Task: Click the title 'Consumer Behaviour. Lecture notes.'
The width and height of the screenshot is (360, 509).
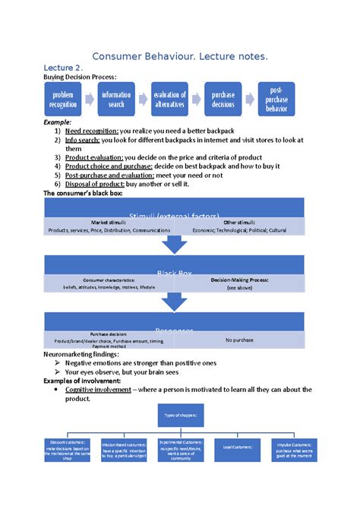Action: tap(179, 57)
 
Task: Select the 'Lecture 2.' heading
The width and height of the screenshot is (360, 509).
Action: tap(68, 70)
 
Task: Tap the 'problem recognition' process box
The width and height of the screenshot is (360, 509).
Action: tap(64, 100)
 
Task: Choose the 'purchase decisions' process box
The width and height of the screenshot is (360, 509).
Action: tap(223, 100)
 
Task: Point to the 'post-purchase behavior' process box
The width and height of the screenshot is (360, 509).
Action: tap(276, 100)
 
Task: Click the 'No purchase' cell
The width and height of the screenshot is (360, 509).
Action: tap(240, 340)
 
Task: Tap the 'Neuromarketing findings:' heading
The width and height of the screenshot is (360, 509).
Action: tap(81, 354)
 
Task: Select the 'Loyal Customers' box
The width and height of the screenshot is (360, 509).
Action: tap(238, 448)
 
